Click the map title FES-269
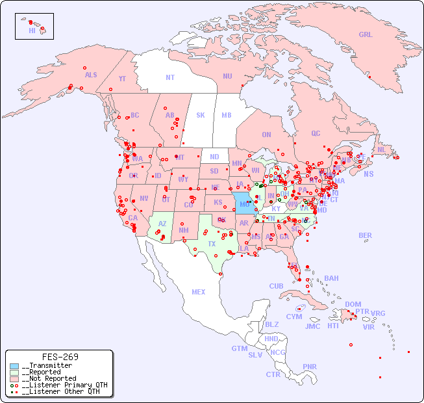pos(60,357)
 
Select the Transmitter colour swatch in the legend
pos(14,366)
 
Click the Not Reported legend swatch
pos(14,378)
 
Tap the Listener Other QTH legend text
pos(62,391)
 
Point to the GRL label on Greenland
pos(366,35)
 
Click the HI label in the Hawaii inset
pos(32,31)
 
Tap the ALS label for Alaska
pos(91,75)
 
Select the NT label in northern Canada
pos(170,77)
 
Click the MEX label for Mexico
pos(199,292)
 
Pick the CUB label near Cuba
pos(276,286)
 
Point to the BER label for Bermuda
pos(366,235)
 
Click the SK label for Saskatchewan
pos(201,115)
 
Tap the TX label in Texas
pos(212,244)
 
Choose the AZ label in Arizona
pos(162,224)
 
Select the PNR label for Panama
pos(310,367)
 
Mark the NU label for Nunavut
pos(227,76)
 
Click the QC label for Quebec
pos(316,133)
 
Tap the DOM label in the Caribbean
pos(353,304)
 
